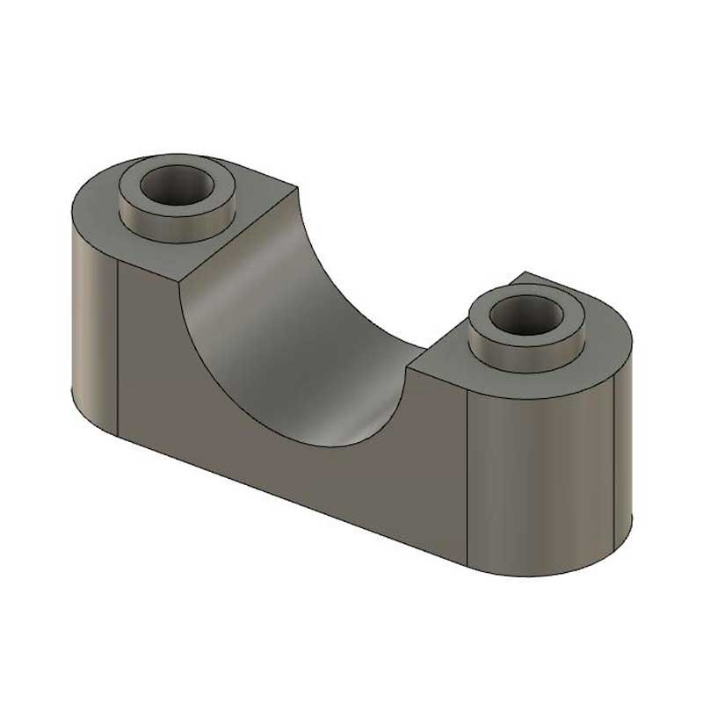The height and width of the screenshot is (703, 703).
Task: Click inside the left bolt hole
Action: (x=178, y=185)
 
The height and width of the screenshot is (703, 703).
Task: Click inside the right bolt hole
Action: (x=525, y=314)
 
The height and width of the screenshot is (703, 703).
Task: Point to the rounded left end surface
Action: (x=92, y=325)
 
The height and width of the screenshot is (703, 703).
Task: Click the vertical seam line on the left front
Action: (x=118, y=351)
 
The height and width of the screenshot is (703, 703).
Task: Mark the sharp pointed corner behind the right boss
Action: (x=524, y=272)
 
